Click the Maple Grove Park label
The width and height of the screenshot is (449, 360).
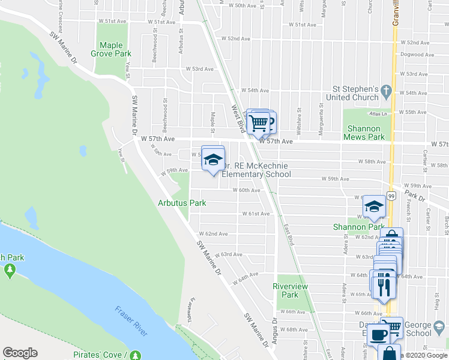coord(115,49)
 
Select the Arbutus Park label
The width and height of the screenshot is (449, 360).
coord(182,203)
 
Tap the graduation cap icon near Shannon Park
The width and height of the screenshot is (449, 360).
coord(374,207)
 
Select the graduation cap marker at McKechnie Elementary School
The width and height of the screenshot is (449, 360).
coord(212,159)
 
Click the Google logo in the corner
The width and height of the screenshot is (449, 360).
coord(20,353)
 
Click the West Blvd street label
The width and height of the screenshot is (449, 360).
coord(238,114)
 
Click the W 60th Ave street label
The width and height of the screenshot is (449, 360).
coord(247,190)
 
